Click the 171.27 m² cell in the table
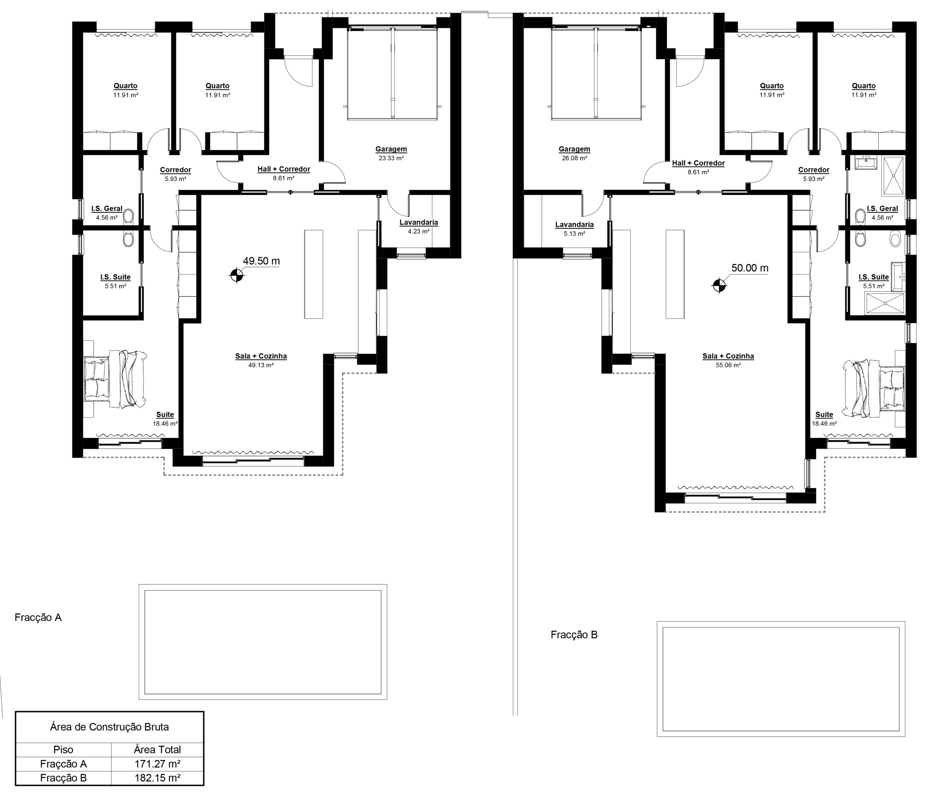(x=157, y=764)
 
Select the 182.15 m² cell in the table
(x=157, y=778)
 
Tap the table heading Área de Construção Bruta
(x=109, y=727)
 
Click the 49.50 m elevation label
(x=261, y=261)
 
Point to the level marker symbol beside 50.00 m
(x=719, y=285)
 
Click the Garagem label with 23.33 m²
(x=391, y=149)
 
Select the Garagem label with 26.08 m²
(x=574, y=149)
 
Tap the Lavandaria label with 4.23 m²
(x=419, y=223)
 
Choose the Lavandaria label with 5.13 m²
(x=574, y=225)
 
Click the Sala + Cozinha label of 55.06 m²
(x=728, y=356)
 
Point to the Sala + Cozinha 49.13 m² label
(x=261, y=356)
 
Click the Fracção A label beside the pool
(x=38, y=618)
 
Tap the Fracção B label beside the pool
(x=574, y=635)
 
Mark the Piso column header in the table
(x=63, y=750)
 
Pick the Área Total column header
(x=157, y=750)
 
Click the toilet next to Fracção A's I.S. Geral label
(x=128, y=216)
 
